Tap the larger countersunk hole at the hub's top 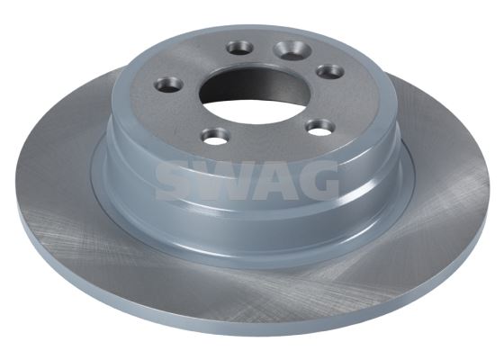[292, 49]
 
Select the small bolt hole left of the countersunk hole [239, 48]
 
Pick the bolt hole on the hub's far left [169, 85]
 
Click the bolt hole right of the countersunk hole [328, 71]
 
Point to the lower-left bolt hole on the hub [216, 135]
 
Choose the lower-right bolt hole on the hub [319, 126]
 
